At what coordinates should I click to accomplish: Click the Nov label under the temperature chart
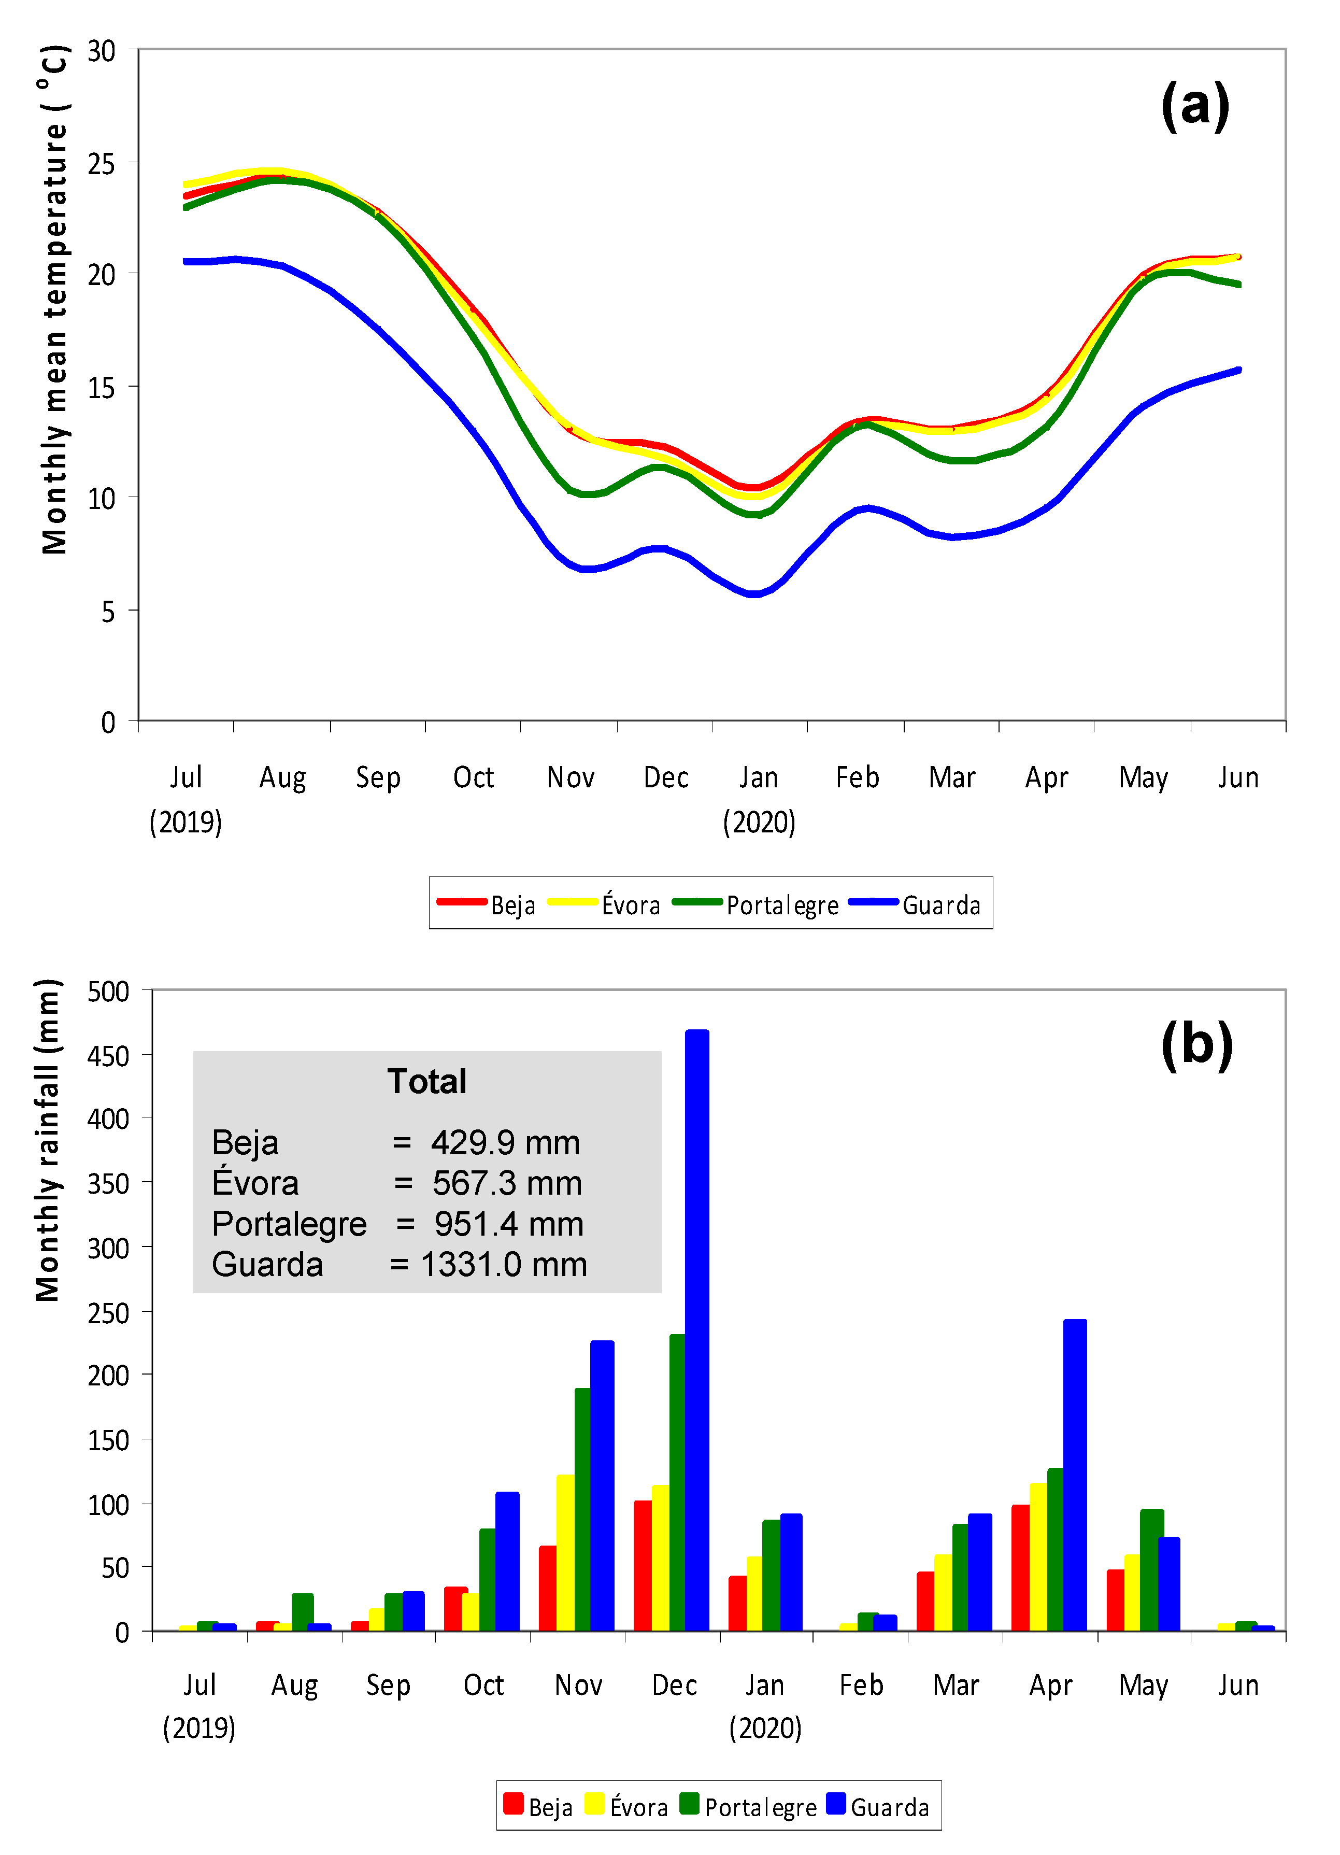[570, 777]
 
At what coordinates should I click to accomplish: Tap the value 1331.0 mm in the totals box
[504, 1265]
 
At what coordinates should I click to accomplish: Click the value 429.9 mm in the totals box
[505, 1143]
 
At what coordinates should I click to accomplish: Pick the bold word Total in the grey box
[427, 1081]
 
